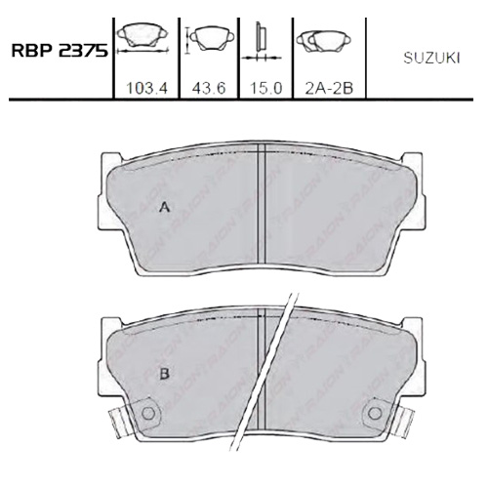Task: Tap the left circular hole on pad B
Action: point(148,413)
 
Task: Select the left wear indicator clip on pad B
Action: point(116,423)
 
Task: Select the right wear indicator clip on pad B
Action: point(404,423)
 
